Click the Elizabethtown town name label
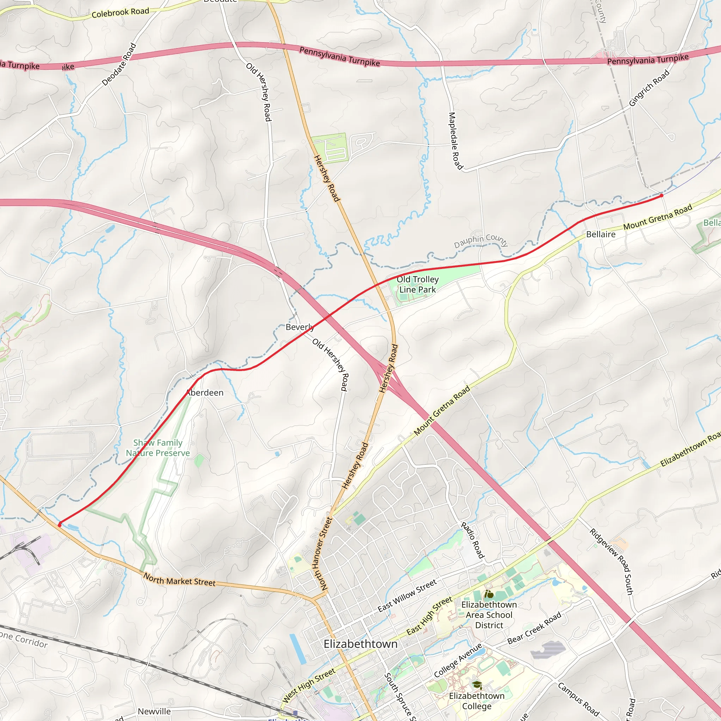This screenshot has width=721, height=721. click(360, 644)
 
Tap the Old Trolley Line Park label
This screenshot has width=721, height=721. click(417, 284)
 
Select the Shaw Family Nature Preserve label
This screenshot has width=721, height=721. click(158, 448)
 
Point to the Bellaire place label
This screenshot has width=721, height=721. click(601, 234)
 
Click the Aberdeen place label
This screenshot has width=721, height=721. click(205, 393)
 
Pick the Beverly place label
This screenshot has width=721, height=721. click(299, 327)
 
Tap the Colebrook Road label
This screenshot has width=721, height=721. click(120, 12)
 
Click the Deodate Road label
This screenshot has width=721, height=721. click(119, 64)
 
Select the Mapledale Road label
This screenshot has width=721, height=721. click(455, 141)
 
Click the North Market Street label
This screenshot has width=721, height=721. click(180, 579)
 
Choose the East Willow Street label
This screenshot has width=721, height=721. click(407, 596)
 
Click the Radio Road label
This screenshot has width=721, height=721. click(472, 540)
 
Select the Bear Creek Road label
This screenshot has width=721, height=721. click(534, 628)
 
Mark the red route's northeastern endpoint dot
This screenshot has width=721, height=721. click(661, 195)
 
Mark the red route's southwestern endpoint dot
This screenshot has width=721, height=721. click(60, 525)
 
